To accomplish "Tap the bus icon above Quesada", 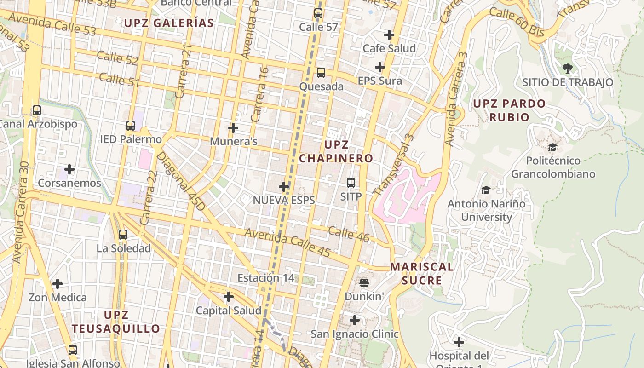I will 321,73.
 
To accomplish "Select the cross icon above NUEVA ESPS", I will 284,187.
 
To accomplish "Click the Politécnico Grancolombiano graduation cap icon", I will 552,148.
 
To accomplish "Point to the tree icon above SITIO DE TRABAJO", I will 567,69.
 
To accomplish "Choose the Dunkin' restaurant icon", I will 364,282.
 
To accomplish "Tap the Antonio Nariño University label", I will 486,210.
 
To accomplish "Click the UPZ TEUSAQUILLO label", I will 116,322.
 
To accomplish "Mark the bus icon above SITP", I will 351,183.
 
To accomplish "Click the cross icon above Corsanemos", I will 69,170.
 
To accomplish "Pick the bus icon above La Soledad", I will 123,235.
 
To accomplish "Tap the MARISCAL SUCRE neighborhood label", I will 422,274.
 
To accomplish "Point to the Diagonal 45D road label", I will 180,181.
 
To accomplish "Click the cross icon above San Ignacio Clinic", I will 354,320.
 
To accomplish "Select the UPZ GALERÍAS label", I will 169,23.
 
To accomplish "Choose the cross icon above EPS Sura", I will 379,68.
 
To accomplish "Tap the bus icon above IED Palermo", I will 131,126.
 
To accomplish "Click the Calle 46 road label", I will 349,234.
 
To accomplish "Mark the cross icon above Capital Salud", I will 228,297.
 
